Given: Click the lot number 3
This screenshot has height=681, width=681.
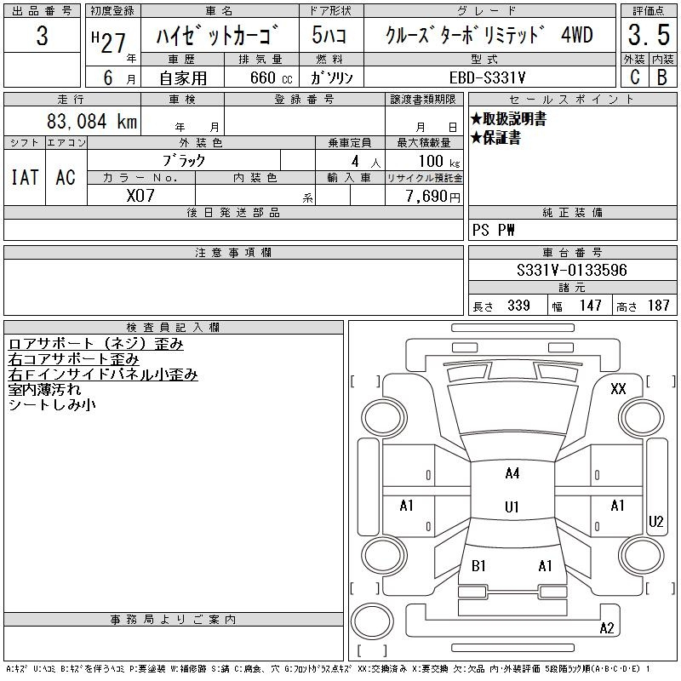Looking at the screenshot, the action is (x=42, y=36).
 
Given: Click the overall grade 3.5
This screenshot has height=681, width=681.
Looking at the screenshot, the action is (x=649, y=35).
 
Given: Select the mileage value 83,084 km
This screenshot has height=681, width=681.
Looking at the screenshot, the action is (x=92, y=121).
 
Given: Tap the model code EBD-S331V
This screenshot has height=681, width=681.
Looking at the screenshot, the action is (x=487, y=77).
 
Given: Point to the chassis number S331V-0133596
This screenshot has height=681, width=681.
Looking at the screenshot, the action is (x=571, y=270).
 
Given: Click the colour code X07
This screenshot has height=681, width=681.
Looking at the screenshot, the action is (x=140, y=196).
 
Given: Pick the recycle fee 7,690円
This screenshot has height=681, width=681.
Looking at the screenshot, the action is (x=432, y=197).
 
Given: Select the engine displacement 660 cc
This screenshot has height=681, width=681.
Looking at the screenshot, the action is (x=271, y=77).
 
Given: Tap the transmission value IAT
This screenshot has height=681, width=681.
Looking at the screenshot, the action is (x=25, y=177).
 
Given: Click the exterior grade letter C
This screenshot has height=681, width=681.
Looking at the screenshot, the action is (x=635, y=77).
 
